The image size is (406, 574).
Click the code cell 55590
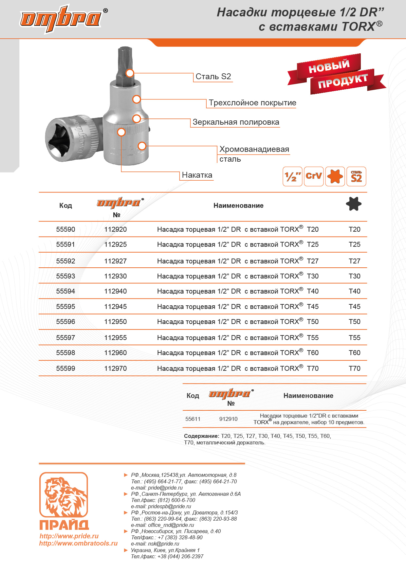point(65,229)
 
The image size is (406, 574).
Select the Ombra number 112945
point(115,307)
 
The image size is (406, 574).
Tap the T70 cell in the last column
point(354,368)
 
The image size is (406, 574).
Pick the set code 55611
point(193,419)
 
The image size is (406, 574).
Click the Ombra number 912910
point(228,419)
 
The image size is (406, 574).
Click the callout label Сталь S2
point(213,77)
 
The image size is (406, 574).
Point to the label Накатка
point(197,175)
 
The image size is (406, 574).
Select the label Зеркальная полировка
point(236,122)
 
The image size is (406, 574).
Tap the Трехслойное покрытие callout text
point(252,103)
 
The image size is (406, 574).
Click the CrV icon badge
point(314,176)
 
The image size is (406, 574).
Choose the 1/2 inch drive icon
point(292,176)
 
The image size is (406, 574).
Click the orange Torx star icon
point(335,176)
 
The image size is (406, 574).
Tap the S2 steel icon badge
point(356,176)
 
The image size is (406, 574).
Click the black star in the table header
point(354,204)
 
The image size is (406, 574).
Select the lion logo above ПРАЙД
point(64,494)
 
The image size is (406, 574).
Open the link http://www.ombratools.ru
point(78,543)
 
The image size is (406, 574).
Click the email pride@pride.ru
point(165,488)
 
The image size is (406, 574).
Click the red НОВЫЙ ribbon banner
point(329,67)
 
